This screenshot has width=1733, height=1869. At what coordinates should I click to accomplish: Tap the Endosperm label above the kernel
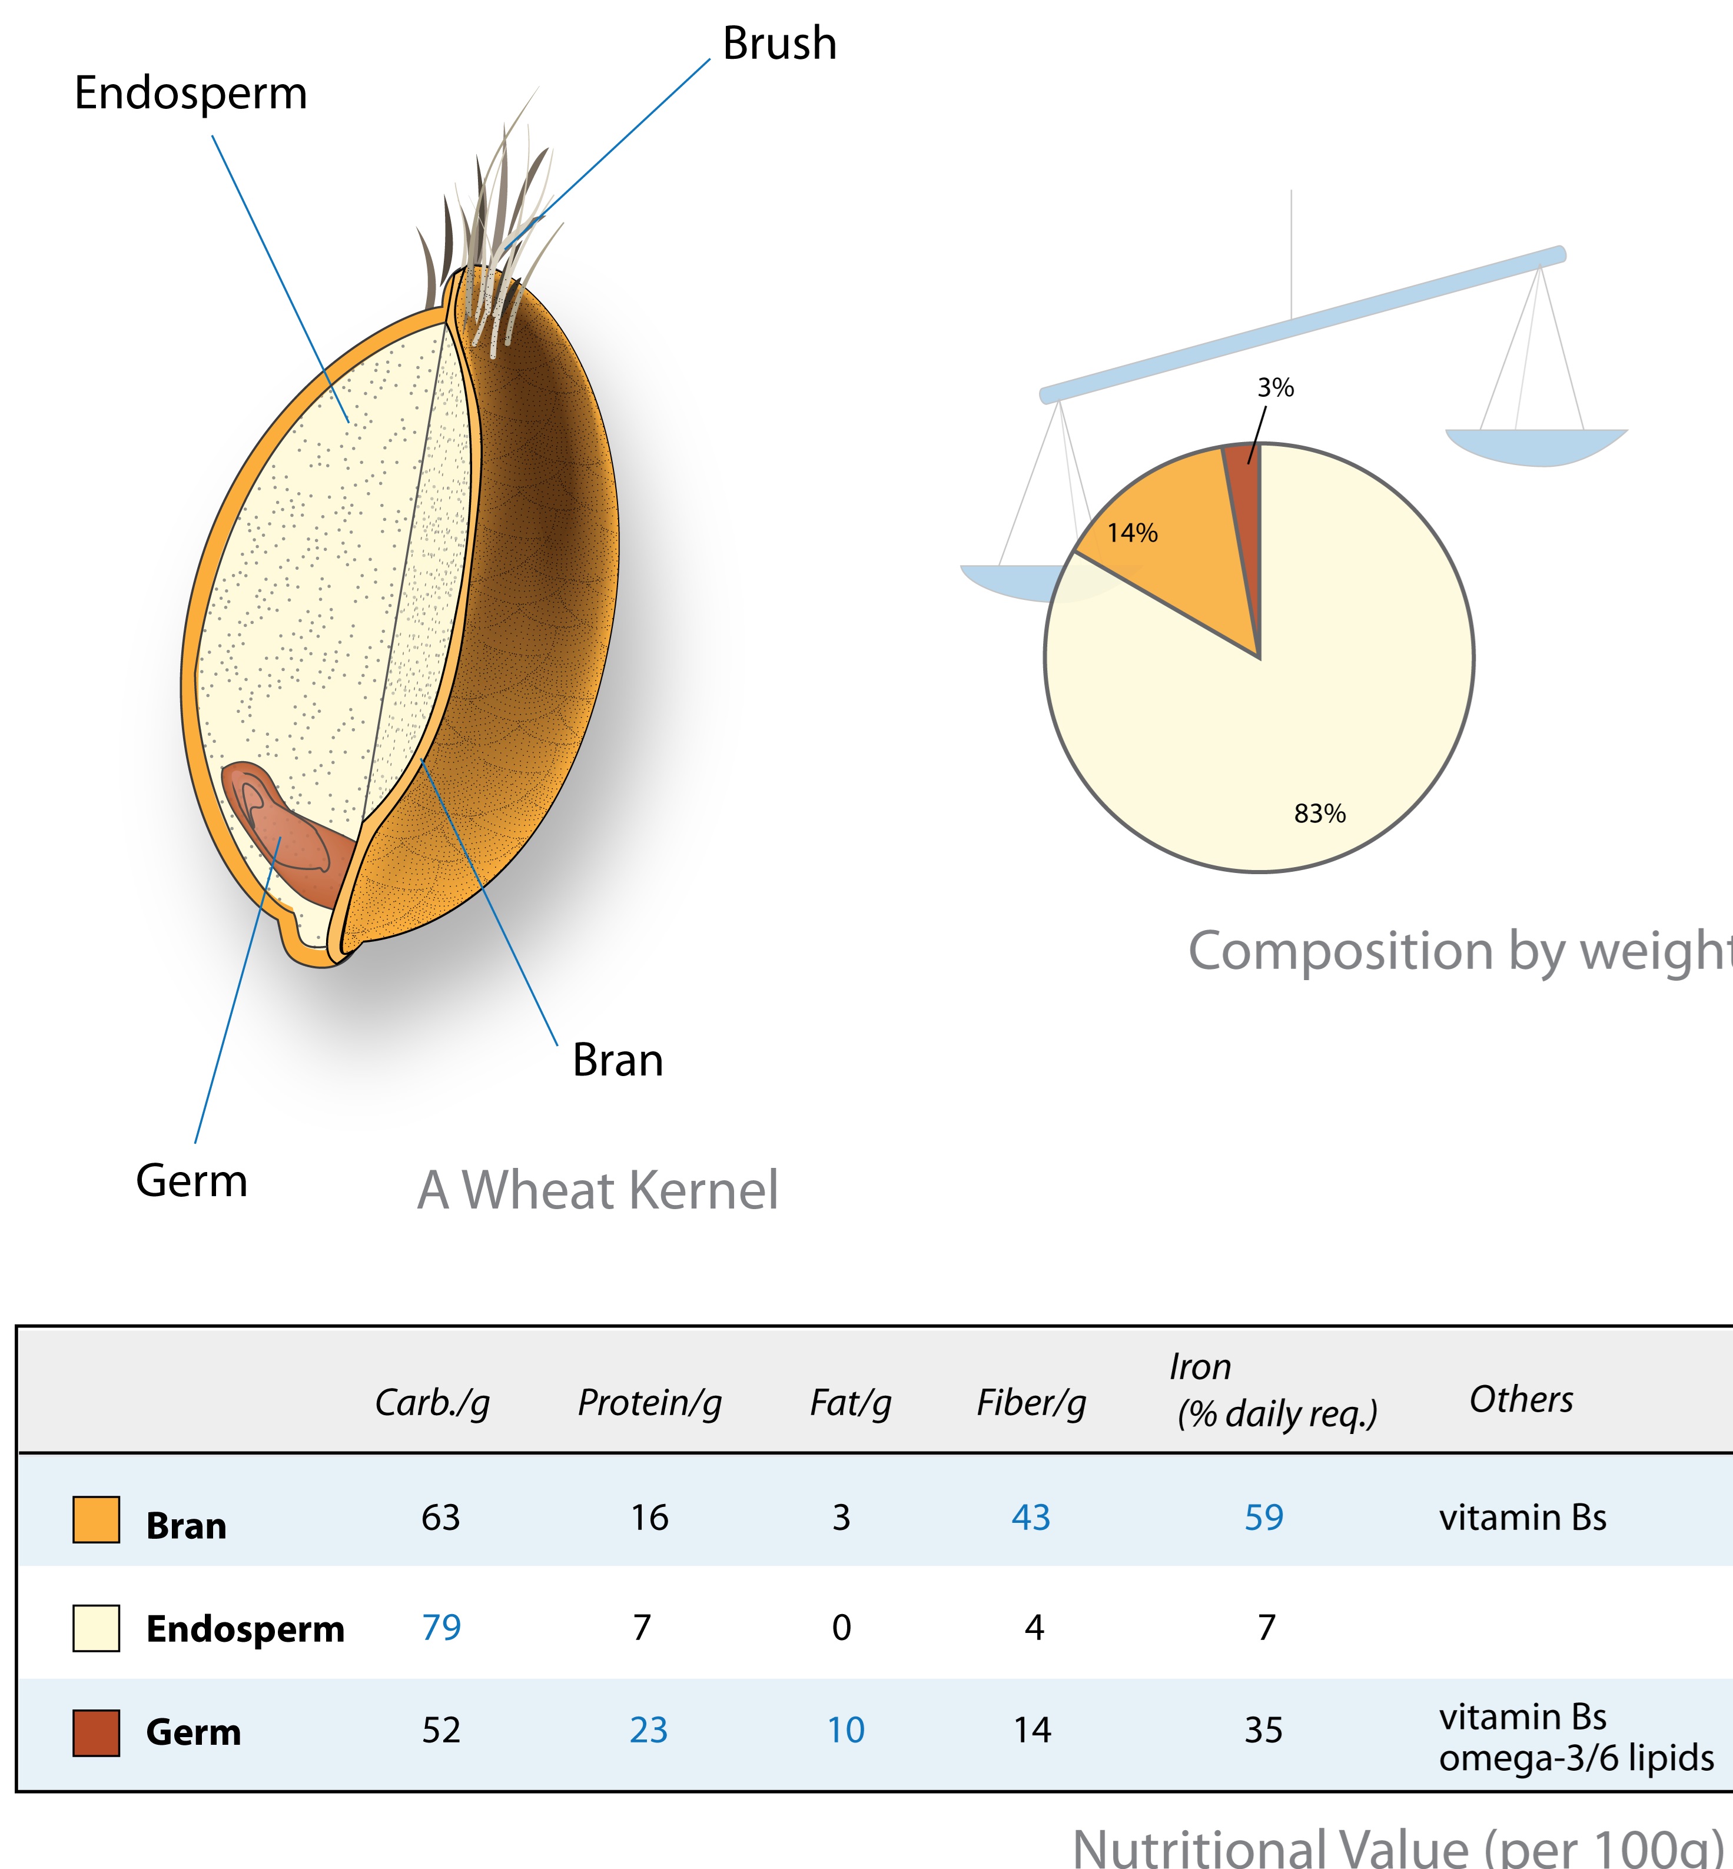coord(190,93)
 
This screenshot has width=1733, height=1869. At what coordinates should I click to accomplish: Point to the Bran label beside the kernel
coord(617,1061)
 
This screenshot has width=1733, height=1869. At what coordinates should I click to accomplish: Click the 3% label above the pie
coord(1276,387)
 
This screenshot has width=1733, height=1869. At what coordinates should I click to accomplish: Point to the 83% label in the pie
coord(1319,813)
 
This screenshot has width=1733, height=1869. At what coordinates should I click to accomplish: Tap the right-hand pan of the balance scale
coord(1536,446)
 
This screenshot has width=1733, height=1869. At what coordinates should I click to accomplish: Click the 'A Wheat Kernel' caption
coord(597,1190)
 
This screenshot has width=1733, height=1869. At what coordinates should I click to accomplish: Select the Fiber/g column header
coord(1031,1403)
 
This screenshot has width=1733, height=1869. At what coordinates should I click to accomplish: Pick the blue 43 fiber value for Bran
coord(1031,1518)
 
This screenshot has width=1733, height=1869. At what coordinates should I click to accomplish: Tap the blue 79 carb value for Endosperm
coord(441,1627)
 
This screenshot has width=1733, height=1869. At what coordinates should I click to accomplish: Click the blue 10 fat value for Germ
coord(845,1730)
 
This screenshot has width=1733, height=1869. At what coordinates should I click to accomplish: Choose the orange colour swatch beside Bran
coord(97,1519)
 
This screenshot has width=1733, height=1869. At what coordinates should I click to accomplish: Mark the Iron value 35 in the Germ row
coord(1263,1730)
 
